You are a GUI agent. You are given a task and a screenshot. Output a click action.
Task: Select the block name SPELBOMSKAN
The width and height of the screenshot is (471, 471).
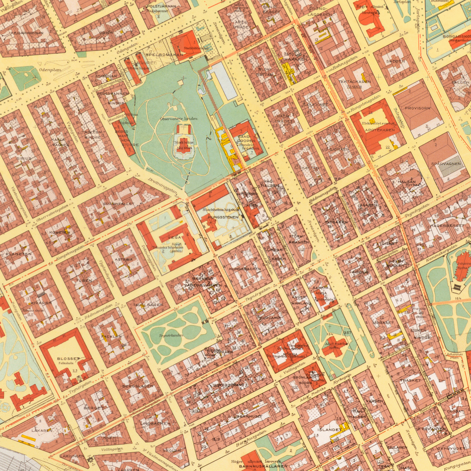point(165,55)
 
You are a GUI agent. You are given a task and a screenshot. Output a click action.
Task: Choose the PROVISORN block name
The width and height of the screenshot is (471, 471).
point(417,108)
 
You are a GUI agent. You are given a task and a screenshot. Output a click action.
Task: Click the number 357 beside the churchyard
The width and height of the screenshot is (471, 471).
point(348,333)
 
